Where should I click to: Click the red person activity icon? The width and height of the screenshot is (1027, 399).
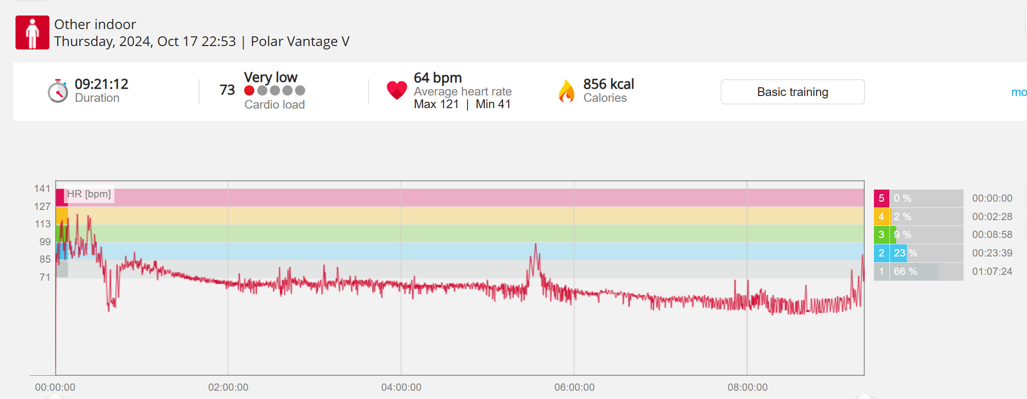coord(32,32)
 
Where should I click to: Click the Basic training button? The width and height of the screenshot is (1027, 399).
coord(792,92)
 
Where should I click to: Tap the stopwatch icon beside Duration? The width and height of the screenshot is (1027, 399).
coord(58,91)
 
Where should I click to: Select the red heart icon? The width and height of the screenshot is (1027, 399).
coord(397,90)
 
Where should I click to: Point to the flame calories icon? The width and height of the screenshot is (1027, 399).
coord(566,91)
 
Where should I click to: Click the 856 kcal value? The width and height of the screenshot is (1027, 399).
coord(608,84)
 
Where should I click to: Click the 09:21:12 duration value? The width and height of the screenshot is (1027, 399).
coord(101,84)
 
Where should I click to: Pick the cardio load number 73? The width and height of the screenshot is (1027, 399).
coord(227,90)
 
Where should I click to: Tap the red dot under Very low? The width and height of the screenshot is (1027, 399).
coord(249,91)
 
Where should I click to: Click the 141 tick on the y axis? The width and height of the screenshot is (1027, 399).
coord(42,189)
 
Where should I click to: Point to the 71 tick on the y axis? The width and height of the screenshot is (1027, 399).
coord(45,277)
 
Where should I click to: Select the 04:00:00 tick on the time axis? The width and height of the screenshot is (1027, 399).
coord(401,387)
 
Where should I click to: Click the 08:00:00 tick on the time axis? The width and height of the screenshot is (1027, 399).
coord(747,387)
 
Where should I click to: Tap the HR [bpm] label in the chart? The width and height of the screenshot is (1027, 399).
coord(89,194)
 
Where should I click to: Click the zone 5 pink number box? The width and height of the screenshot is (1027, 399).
coord(881,198)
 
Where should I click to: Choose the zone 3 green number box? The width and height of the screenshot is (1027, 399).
coord(881,235)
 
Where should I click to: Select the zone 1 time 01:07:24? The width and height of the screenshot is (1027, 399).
coord(992,271)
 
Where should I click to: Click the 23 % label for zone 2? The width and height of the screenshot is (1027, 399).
coord(905,253)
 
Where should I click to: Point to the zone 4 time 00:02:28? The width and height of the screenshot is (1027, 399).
coord(992,217)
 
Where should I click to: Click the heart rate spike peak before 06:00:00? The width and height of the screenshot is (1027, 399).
coord(535,244)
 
